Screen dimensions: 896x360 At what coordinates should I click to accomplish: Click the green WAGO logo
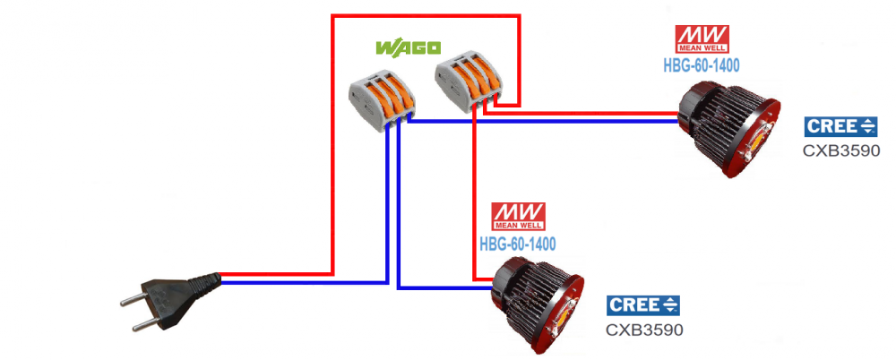(x=408, y=47)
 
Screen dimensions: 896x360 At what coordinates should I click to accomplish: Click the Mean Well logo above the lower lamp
(x=518, y=217)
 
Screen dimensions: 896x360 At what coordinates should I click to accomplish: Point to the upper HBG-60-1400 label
(x=702, y=65)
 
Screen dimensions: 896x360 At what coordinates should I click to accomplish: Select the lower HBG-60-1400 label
(x=518, y=244)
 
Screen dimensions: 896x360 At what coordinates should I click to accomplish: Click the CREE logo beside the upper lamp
(x=840, y=126)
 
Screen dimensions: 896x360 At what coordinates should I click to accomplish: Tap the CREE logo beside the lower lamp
(x=642, y=305)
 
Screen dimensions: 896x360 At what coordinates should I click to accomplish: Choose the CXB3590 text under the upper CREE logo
(x=841, y=150)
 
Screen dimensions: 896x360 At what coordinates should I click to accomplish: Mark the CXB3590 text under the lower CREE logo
(x=644, y=330)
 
